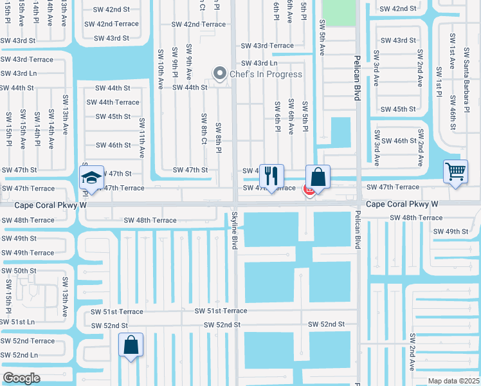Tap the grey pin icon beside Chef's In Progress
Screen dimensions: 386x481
tap(221, 74)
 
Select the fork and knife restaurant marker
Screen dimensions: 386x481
tap(271, 176)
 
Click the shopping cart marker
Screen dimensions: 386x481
tap(455, 172)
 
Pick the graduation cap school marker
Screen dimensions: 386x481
tap(92, 178)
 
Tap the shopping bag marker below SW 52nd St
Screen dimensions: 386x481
tap(131, 345)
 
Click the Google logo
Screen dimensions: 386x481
tap(22, 378)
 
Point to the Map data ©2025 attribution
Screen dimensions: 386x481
tap(454, 381)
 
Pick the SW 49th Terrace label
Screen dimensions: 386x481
tap(28, 253)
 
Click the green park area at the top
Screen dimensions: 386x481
tap(338, 12)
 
